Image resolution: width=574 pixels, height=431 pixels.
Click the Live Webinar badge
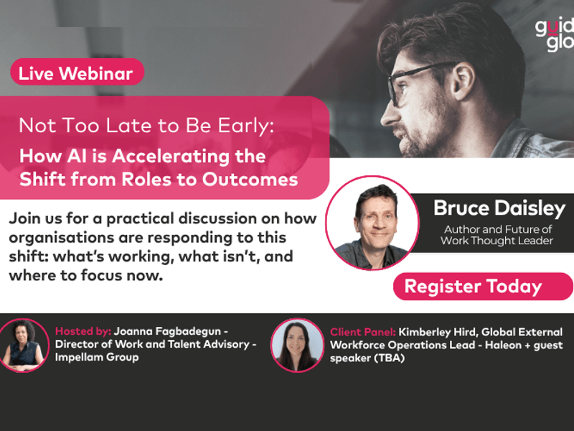(77, 73)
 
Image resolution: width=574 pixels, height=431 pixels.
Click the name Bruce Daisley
(499, 208)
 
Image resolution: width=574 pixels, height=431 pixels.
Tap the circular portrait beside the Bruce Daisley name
(372, 223)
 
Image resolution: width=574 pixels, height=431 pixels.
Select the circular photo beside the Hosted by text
(23, 346)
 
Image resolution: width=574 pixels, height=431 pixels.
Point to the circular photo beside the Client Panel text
(297, 346)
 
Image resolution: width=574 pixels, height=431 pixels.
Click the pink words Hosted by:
(83, 331)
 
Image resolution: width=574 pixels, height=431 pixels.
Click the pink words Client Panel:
(363, 332)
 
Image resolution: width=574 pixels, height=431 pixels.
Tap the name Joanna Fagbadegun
(167, 332)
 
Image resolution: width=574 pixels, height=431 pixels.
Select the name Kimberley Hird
(438, 332)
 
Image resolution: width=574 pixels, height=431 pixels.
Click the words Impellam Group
(97, 357)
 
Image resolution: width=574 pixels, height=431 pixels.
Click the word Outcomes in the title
(250, 180)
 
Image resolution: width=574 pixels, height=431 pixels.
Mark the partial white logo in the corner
(555, 35)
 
